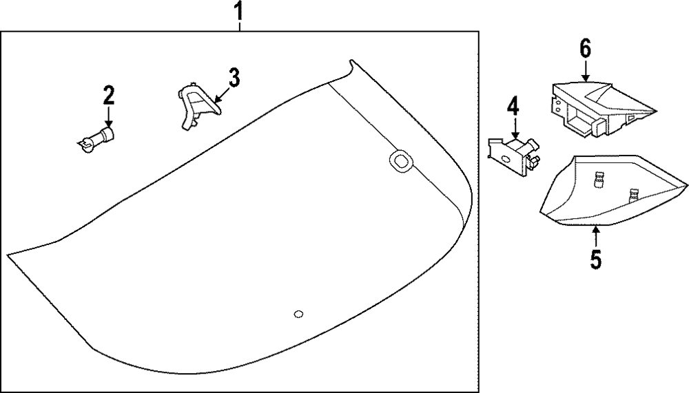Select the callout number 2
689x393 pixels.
click(x=108, y=95)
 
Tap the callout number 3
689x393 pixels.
click(x=234, y=78)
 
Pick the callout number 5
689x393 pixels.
click(x=596, y=260)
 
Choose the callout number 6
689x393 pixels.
click(x=585, y=49)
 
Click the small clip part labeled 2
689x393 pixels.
click(x=96, y=138)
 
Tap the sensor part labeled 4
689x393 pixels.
click(x=512, y=154)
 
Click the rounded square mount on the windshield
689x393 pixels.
click(x=399, y=160)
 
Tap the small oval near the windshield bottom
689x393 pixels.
click(x=298, y=315)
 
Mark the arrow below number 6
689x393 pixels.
click(x=585, y=71)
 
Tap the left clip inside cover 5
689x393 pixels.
click(x=598, y=180)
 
